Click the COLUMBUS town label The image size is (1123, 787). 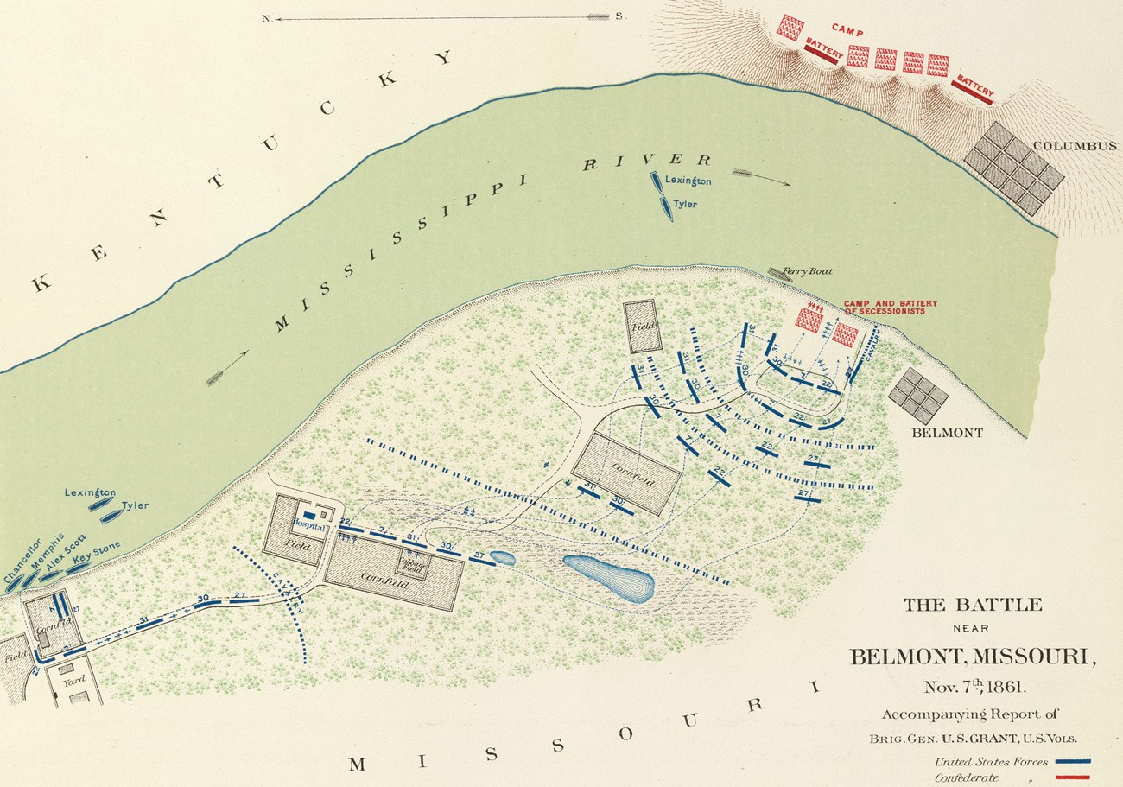pos(1075,145)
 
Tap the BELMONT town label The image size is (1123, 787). pos(947,433)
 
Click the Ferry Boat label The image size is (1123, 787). pos(807,271)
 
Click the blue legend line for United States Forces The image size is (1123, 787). pos(1073,762)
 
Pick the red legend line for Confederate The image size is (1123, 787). pos(1073,778)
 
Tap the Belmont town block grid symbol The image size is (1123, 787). pos(917,395)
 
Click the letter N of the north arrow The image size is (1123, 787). pos(267,17)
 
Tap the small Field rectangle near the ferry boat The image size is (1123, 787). pos(644,326)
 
